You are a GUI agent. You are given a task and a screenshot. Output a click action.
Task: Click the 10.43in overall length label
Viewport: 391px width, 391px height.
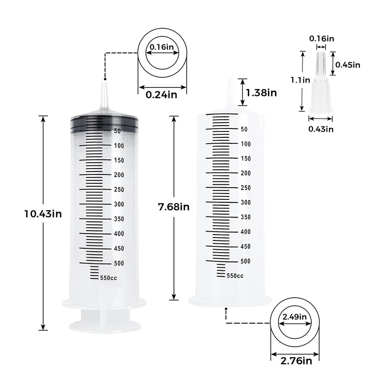(x=43, y=214)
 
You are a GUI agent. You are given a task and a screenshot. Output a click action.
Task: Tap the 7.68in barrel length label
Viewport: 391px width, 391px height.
(x=174, y=207)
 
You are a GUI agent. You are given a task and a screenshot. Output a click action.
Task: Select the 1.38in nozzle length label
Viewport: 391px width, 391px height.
(x=261, y=93)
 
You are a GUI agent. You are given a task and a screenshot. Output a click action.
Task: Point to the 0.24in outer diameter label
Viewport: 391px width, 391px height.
(x=161, y=95)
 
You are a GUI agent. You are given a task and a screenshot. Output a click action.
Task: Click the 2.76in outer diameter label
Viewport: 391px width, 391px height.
(x=296, y=361)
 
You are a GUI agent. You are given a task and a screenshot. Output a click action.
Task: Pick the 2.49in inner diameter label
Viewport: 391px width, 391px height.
(x=295, y=317)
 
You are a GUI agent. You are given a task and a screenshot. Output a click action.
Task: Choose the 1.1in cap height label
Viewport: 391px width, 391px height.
(x=300, y=80)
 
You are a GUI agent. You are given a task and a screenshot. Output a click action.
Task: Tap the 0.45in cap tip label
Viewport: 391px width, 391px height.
(x=348, y=65)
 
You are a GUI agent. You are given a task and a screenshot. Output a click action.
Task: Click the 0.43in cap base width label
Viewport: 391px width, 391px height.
(x=321, y=129)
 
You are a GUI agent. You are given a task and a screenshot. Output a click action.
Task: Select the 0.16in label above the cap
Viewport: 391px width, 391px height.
(x=322, y=39)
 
